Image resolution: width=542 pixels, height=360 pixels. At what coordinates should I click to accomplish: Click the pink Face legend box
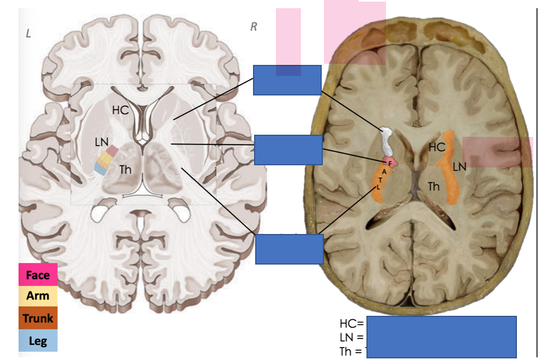(x=38, y=275)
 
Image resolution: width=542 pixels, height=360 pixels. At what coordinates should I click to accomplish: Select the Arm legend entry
(x=38, y=296)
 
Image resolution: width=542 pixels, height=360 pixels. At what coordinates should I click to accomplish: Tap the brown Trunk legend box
(x=38, y=318)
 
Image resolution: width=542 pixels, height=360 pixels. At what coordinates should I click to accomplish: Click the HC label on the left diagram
(x=121, y=110)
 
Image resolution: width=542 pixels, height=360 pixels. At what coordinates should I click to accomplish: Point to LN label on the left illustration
(x=102, y=142)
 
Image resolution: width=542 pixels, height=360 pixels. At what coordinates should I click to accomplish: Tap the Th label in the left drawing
(x=125, y=170)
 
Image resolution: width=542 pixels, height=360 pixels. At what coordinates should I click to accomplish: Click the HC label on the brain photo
(x=437, y=147)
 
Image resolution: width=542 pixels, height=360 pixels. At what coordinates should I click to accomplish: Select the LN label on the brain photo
(x=459, y=167)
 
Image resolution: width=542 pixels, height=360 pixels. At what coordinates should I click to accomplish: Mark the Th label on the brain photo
(x=433, y=187)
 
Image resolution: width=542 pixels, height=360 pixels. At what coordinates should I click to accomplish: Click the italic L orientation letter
(x=28, y=34)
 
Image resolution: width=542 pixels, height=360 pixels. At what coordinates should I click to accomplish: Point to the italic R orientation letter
(x=254, y=27)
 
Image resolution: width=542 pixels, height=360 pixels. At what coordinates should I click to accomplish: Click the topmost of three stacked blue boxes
(x=287, y=80)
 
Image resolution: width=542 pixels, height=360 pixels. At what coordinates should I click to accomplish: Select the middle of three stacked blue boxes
(x=288, y=150)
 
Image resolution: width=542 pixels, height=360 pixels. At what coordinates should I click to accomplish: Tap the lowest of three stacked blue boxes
(x=289, y=249)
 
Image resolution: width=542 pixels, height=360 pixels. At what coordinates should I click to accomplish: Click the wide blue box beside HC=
(x=441, y=337)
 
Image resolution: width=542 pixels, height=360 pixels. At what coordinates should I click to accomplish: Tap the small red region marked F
(x=390, y=163)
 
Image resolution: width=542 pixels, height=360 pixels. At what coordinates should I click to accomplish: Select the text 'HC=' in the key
(x=351, y=324)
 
